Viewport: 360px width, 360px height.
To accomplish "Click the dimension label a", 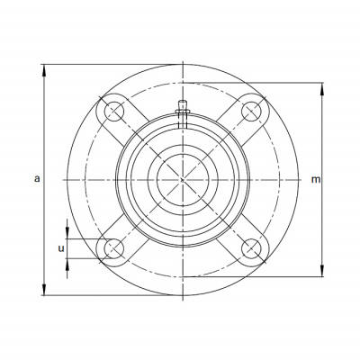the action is (x=37, y=179).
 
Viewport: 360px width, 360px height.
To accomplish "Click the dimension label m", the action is (x=316, y=179).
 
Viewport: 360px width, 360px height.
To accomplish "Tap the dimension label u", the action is (x=61, y=248).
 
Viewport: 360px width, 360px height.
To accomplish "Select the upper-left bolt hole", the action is (x=114, y=112).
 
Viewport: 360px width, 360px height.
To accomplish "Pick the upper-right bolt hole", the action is (x=251, y=112).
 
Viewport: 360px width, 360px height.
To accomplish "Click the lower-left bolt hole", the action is (x=114, y=248).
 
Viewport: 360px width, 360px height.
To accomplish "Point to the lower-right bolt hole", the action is (x=251, y=248).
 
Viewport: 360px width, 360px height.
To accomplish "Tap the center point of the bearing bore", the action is (x=183, y=180).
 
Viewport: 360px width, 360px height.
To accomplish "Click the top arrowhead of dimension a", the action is (x=44, y=70).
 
